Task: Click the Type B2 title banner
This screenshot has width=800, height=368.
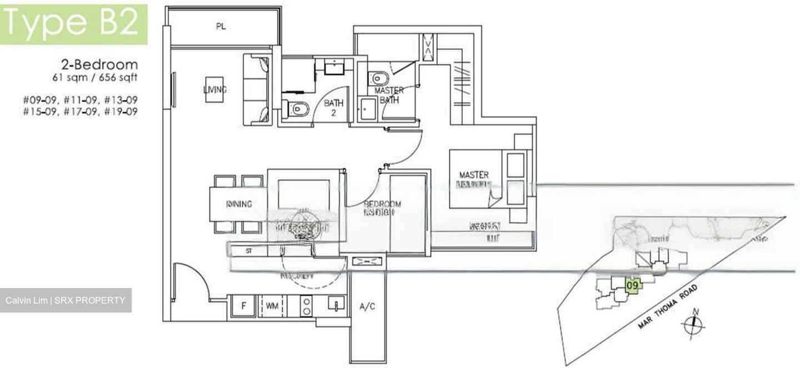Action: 73,24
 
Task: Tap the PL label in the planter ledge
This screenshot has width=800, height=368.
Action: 221,27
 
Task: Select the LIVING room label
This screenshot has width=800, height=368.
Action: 214,89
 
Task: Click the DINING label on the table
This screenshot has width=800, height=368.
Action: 239,204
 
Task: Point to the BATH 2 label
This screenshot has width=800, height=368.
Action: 334,108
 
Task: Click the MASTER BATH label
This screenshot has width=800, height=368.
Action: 389,95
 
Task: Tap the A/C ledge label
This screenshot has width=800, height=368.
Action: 367,306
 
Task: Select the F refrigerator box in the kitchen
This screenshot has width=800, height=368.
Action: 243,306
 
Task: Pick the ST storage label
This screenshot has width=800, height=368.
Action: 249,251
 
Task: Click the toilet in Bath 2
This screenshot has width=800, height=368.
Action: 295,108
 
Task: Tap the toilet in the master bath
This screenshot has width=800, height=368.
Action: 380,78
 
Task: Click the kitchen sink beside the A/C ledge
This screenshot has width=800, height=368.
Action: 336,305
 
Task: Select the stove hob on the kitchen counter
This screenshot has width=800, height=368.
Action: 306,306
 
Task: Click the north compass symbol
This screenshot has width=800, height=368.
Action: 694,323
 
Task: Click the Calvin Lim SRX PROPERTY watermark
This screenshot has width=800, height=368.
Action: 66,300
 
